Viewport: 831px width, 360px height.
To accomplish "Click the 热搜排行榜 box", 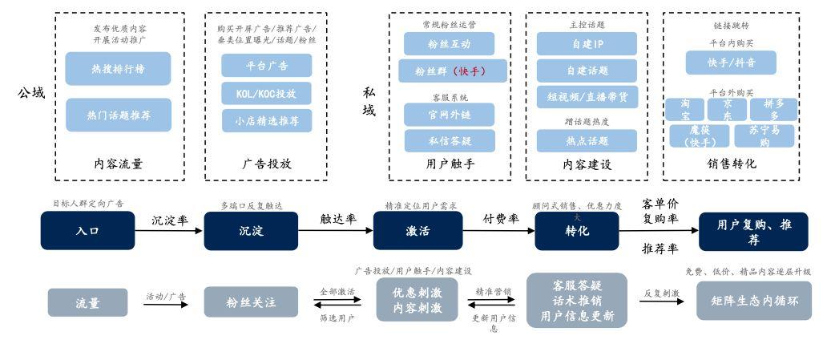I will [x=119, y=69].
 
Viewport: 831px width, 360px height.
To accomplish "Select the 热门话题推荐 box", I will [x=119, y=115].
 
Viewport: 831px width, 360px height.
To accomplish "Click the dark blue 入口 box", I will [x=87, y=232].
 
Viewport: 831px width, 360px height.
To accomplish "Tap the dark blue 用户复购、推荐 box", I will [x=753, y=232].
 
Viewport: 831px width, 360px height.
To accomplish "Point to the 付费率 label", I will [x=501, y=218].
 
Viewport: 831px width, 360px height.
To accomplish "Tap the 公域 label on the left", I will [x=31, y=94].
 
